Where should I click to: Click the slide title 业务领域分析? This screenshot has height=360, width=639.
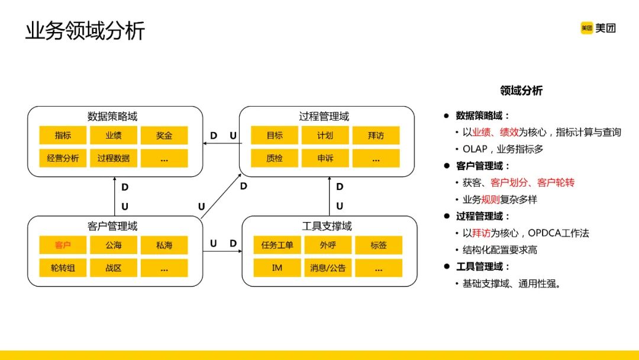pyautogui.click(x=85, y=31)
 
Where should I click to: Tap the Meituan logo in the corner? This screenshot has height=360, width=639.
pyautogui.click(x=598, y=28)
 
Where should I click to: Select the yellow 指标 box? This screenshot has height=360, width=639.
pyautogui.click(x=63, y=136)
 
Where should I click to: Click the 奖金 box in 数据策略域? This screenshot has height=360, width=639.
pyautogui.click(x=164, y=136)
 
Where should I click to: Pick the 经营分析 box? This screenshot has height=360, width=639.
pyautogui.click(x=63, y=158)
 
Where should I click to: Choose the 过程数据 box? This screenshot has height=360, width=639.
pyautogui.click(x=114, y=158)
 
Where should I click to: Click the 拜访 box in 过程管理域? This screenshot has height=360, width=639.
pyautogui.click(x=376, y=136)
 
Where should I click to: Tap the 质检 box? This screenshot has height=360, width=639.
pyautogui.click(x=274, y=158)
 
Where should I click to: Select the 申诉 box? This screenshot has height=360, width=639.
pyautogui.click(x=325, y=158)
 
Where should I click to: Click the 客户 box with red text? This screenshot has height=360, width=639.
pyautogui.click(x=63, y=245)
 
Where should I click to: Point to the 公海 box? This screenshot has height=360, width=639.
pyautogui.click(x=114, y=245)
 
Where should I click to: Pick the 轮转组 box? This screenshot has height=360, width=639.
pyautogui.click(x=63, y=268)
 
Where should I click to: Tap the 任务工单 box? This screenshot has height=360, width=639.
pyautogui.click(x=277, y=245)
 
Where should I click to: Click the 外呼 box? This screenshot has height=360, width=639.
pyautogui.click(x=328, y=245)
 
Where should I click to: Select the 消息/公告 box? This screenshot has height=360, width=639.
pyautogui.click(x=328, y=268)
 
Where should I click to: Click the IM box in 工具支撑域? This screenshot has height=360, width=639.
pyautogui.click(x=277, y=268)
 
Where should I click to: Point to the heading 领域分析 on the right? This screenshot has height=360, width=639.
pyautogui.click(x=521, y=91)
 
